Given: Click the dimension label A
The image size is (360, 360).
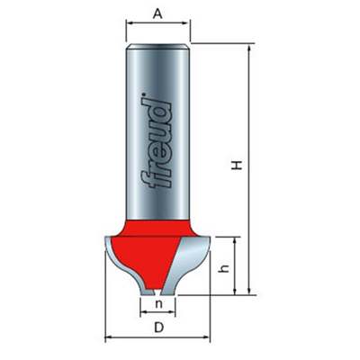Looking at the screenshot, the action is [x=157, y=13].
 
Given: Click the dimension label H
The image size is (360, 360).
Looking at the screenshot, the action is [x=237, y=165].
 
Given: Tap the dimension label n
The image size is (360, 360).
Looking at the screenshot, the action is [x=158, y=304].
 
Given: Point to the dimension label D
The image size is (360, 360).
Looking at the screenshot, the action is [x=158, y=328].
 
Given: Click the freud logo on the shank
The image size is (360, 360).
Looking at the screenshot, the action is [x=156, y=140].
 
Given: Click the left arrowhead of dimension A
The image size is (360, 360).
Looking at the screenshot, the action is [x=130, y=22].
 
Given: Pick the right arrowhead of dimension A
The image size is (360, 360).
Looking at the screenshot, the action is [x=186, y=22].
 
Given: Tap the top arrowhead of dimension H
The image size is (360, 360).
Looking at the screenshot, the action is [x=248, y=48].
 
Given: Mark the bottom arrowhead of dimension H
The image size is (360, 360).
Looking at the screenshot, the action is [x=248, y=291].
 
